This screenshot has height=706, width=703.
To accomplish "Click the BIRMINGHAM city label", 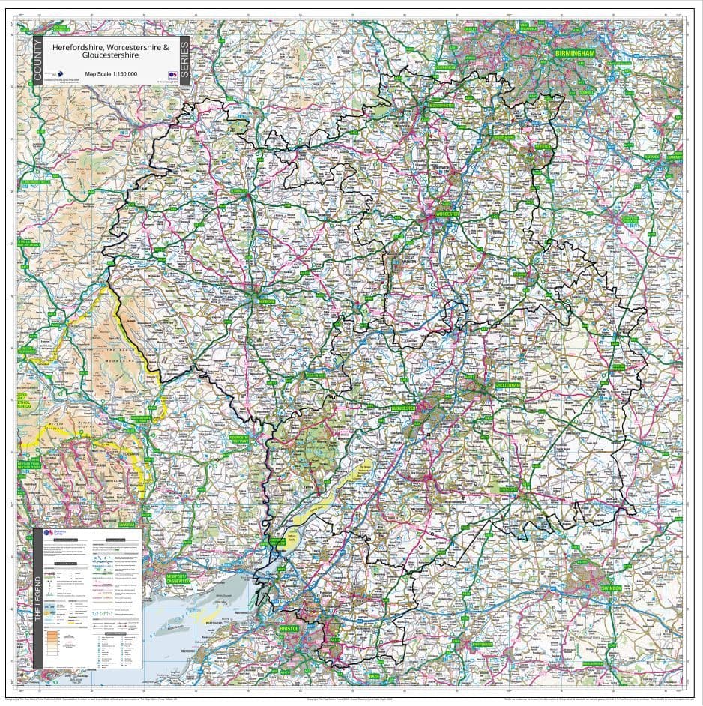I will point(575,55).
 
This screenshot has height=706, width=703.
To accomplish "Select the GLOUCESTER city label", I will point(407,408).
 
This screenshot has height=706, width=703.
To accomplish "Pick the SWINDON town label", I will point(611,588).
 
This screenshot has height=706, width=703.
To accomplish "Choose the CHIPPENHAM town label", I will point(483,644).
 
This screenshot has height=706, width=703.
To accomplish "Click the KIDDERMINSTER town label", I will point(442,106).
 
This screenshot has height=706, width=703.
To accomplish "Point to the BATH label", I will point(374,675).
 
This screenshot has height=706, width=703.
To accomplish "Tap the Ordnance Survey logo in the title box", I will point(172,74).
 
